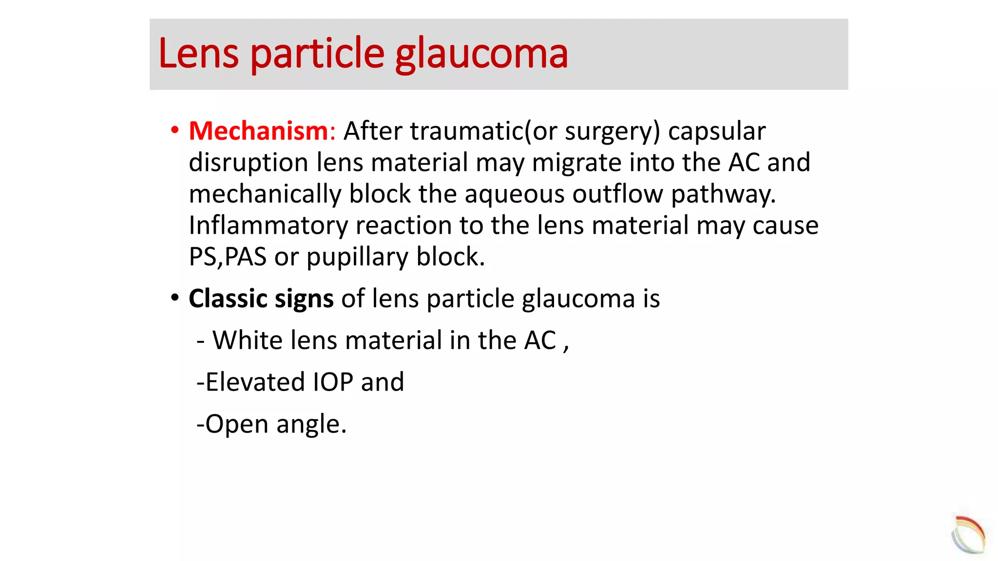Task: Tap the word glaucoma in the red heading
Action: click(x=481, y=55)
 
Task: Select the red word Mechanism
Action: click(x=259, y=131)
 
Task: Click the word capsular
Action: click(x=716, y=131)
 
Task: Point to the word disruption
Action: click(x=249, y=163)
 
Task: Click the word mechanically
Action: click(x=265, y=194)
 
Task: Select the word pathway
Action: click(x=723, y=194)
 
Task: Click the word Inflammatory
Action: click(x=268, y=225)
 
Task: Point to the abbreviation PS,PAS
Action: click(x=228, y=257)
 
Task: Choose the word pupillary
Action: click(x=357, y=257)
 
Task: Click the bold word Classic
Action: click(x=228, y=299)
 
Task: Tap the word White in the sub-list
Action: click(x=247, y=340)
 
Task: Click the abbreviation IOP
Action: click(x=332, y=382)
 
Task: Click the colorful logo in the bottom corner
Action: click(x=968, y=534)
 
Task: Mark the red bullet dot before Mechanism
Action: click(x=174, y=130)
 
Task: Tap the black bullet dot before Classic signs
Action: click(x=174, y=298)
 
